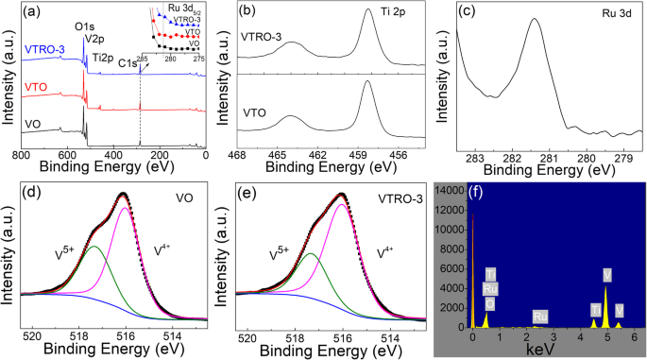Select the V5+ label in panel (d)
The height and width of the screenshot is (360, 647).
[x=68, y=252]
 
